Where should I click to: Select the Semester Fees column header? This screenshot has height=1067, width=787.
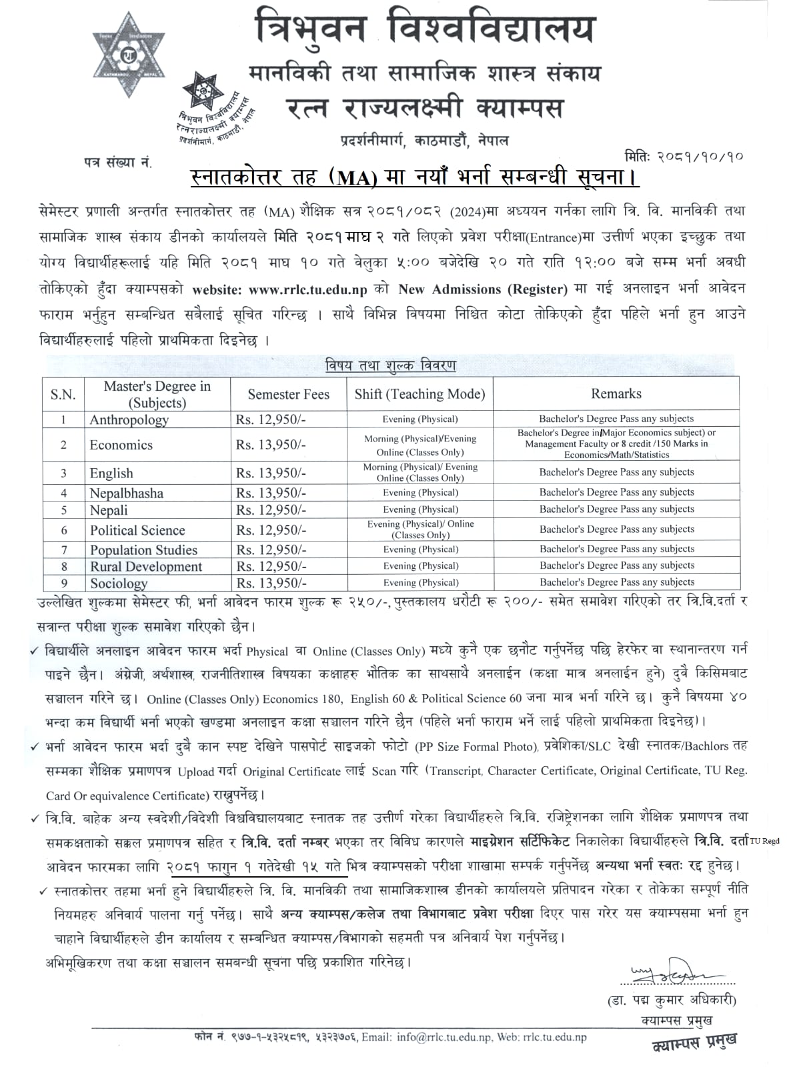click(x=288, y=394)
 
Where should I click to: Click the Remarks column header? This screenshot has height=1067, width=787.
click(x=616, y=393)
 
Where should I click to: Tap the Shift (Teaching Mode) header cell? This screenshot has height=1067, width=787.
click(x=420, y=394)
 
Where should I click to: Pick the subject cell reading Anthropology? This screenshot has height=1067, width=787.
click(x=129, y=419)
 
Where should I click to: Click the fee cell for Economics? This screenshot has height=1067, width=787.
click(x=271, y=445)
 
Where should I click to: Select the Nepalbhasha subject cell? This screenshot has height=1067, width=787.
click(x=127, y=493)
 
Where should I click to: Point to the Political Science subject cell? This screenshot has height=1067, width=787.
click(x=137, y=530)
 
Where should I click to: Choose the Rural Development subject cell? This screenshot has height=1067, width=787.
click(x=146, y=566)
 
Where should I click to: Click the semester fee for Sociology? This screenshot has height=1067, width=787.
click(x=271, y=583)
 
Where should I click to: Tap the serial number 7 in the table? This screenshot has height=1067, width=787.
click(x=63, y=550)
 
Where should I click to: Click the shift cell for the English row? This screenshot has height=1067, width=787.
click(x=420, y=472)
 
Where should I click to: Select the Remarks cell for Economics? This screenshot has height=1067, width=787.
click(x=616, y=443)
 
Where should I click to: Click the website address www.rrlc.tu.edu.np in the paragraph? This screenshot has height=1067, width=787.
click(x=307, y=289)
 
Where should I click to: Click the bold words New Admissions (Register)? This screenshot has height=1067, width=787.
click(x=483, y=289)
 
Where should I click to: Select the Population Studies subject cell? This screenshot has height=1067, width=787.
click(x=144, y=550)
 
